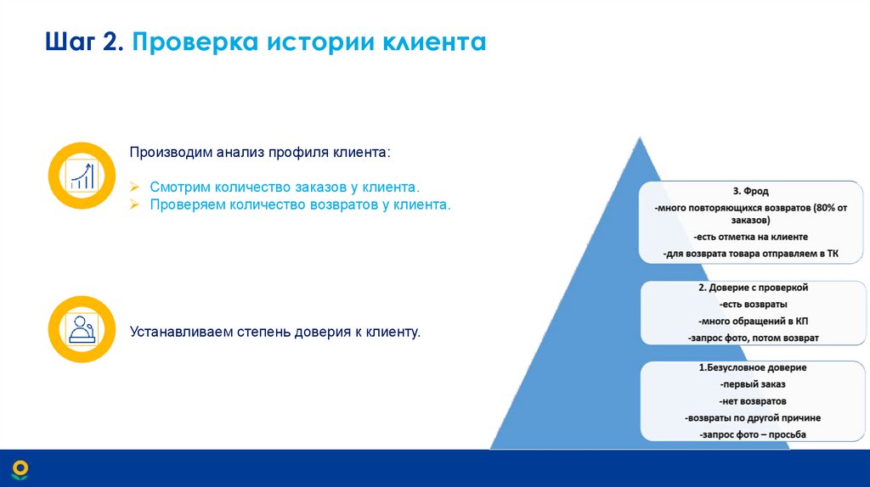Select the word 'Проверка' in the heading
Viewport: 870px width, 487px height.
click(x=197, y=42)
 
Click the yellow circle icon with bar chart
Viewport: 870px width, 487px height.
click(x=82, y=176)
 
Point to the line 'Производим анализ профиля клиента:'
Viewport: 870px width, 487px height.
click(x=261, y=152)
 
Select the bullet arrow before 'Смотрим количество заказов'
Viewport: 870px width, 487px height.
click(x=135, y=187)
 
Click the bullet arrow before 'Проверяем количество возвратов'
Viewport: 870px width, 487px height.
click(x=135, y=205)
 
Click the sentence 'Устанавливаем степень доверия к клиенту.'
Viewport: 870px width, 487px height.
click(x=275, y=331)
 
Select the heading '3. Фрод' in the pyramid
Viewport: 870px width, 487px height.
click(x=750, y=192)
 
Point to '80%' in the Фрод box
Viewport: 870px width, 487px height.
click(x=824, y=208)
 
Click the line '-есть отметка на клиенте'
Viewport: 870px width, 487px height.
click(x=750, y=237)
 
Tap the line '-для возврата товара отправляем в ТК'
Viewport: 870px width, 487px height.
click(x=750, y=253)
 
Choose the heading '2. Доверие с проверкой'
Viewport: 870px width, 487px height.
click(x=752, y=288)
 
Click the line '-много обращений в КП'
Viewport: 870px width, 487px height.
click(x=752, y=321)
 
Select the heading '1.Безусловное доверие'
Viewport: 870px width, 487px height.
click(x=752, y=368)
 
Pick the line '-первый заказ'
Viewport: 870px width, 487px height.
click(x=752, y=384)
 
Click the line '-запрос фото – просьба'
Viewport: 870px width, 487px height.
click(x=752, y=434)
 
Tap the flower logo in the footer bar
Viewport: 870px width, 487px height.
click(x=20, y=468)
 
